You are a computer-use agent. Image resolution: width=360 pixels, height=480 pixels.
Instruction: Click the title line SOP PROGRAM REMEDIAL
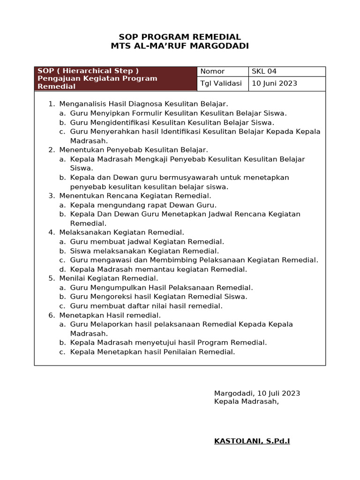point(180,37)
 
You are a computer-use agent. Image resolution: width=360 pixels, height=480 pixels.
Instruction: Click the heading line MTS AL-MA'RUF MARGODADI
point(180,46)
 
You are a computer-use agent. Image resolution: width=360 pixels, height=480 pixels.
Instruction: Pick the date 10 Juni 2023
point(274,83)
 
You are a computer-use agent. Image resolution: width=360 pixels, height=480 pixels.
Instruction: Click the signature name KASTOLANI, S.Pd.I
point(252,441)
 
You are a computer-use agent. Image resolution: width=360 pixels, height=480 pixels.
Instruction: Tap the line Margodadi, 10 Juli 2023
point(257,393)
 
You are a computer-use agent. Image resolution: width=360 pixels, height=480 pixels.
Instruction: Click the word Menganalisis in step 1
point(83,104)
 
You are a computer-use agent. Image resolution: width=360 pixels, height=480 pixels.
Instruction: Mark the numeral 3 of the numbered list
point(51,195)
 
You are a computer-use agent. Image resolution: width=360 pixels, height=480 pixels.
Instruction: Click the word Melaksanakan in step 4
point(82,232)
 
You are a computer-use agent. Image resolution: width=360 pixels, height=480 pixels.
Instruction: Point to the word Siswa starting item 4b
point(79,251)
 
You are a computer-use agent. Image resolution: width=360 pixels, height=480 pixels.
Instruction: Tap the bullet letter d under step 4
point(61,269)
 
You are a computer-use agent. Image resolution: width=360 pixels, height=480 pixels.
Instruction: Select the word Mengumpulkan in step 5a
point(116,287)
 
